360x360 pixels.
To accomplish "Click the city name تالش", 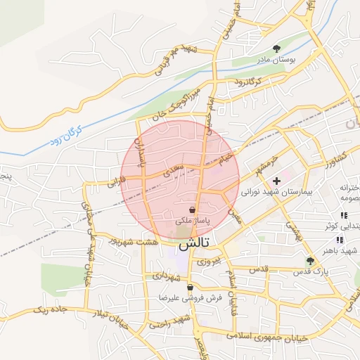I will click(195, 245).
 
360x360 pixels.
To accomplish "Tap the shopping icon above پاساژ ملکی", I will click(192, 210).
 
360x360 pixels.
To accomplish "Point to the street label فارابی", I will click(116, 181).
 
